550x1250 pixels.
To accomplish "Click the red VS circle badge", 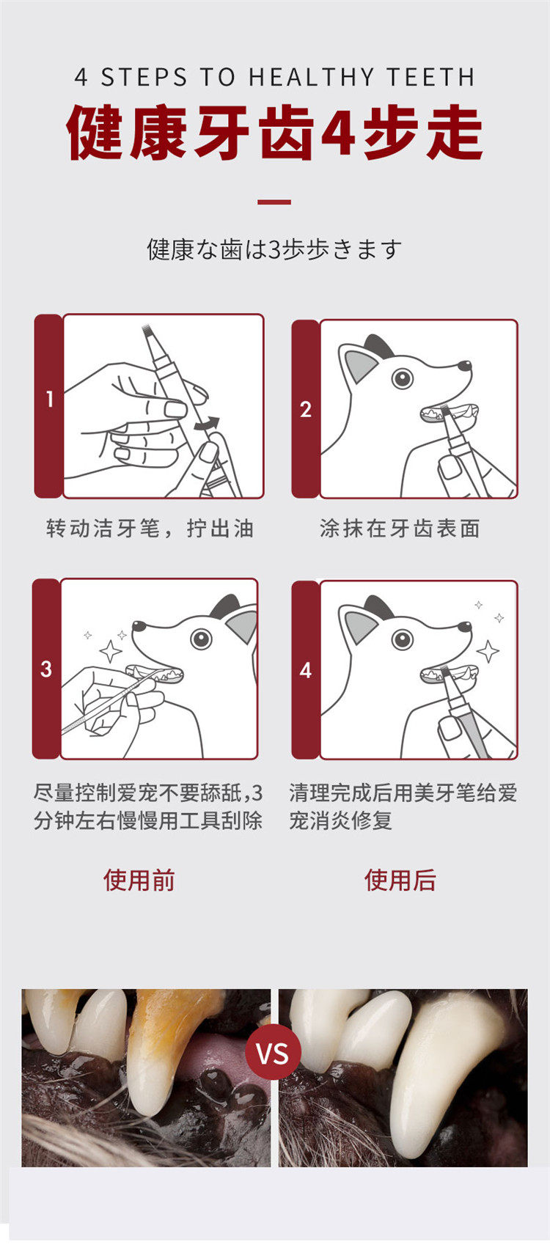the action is (x=273, y=1053).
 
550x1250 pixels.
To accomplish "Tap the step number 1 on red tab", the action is (x=49, y=400).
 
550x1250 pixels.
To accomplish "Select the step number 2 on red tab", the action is (x=305, y=410).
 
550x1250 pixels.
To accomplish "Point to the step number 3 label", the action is (x=46, y=669).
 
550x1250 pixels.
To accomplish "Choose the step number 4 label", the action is (x=305, y=670).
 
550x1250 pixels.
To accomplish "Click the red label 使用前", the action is (x=139, y=880).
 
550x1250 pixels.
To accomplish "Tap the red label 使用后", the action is (x=400, y=880).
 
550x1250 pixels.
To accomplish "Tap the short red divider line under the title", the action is (x=274, y=202).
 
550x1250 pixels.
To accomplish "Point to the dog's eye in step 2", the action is (x=402, y=378).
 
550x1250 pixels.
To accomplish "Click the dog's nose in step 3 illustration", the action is (x=139, y=626).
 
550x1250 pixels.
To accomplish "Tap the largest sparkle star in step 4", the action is (x=488, y=651).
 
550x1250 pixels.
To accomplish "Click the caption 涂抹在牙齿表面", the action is (x=400, y=529).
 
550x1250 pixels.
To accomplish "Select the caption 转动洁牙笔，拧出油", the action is (x=150, y=529).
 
